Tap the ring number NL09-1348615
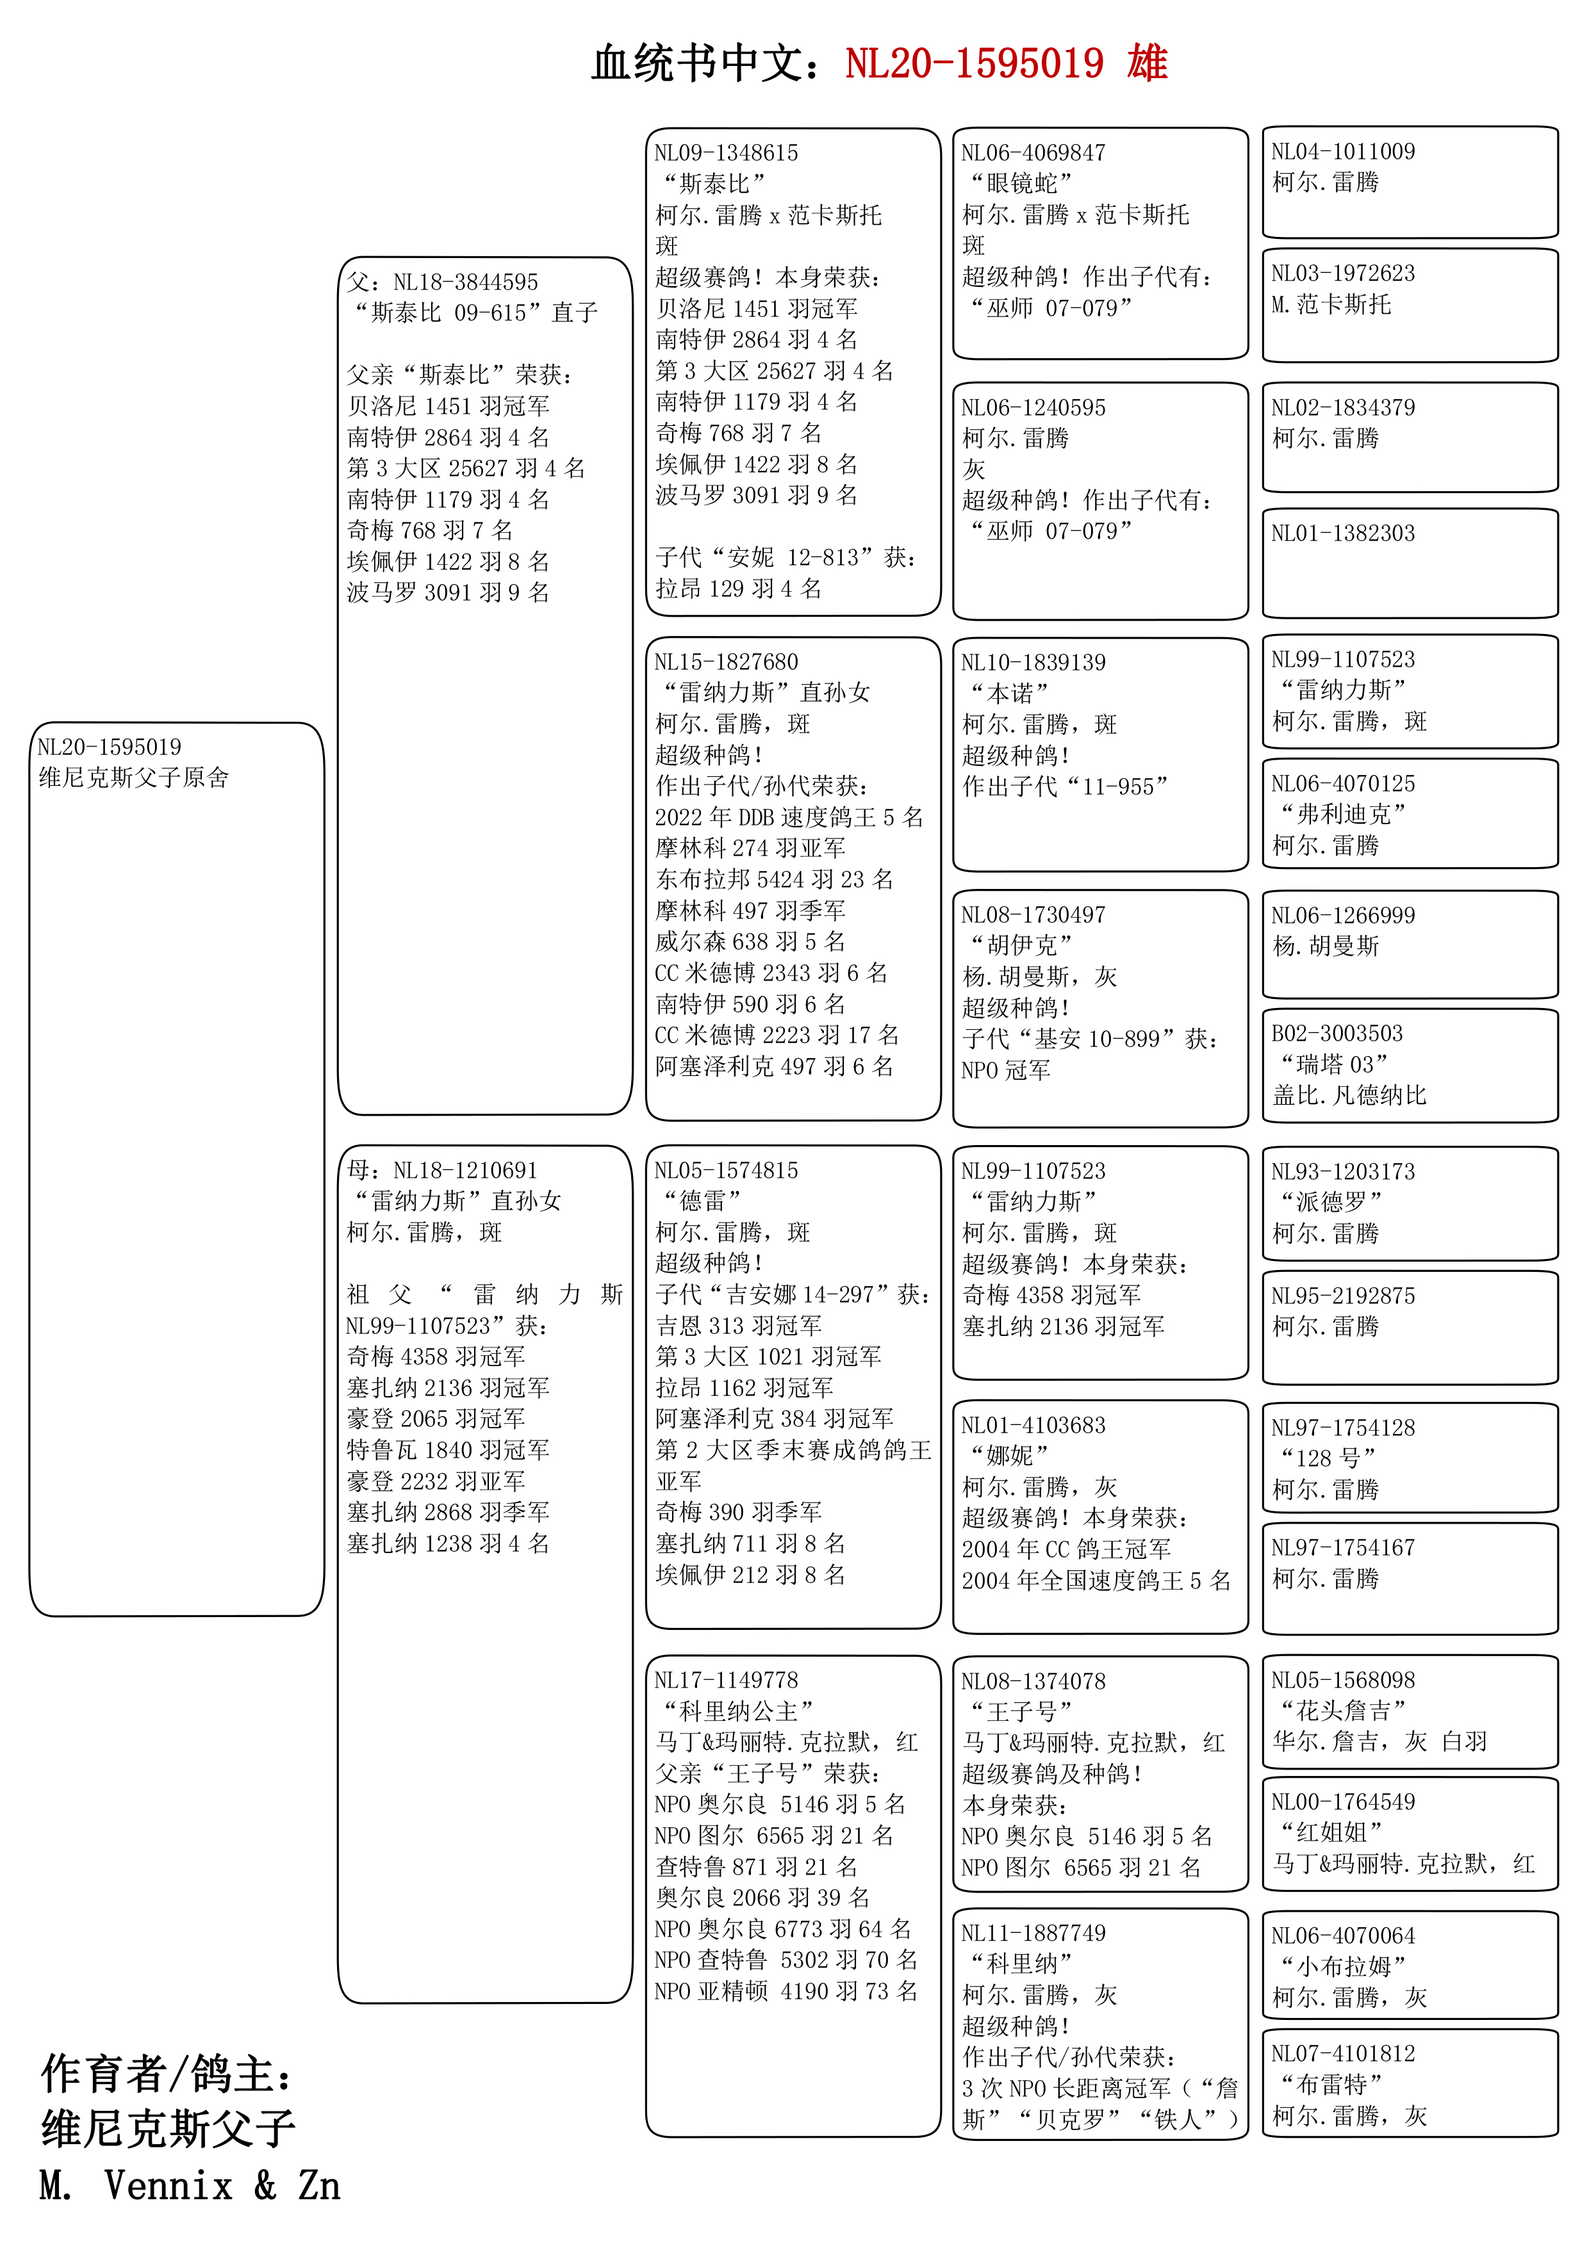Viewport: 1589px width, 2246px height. coord(726,154)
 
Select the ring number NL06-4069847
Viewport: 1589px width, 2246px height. coord(1033,154)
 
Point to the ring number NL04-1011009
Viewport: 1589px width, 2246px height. coord(1342,152)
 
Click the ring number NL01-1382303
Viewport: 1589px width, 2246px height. coord(1342,534)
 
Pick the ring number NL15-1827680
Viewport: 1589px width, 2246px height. coord(726,662)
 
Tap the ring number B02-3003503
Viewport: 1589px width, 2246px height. coord(1337,1034)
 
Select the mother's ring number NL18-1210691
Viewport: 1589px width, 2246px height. coord(465,1171)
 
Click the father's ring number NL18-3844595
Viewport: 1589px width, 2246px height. coord(465,282)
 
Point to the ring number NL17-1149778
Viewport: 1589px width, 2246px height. coord(726,1680)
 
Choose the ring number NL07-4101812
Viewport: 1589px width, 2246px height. coord(1342,2055)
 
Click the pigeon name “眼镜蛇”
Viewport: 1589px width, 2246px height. coord(1021,184)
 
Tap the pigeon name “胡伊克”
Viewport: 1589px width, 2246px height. coord(1021,946)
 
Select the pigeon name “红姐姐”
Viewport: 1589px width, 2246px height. coord(1331,1832)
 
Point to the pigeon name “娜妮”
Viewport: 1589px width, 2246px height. coord(1009,1456)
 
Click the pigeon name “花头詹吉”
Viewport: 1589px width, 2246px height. coord(1342,1711)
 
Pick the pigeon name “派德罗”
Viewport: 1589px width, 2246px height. coord(1331,1202)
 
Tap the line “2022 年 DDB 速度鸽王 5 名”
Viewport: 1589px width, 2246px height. coord(789,818)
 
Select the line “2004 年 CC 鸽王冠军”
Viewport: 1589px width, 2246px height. coord(1066,1549)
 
